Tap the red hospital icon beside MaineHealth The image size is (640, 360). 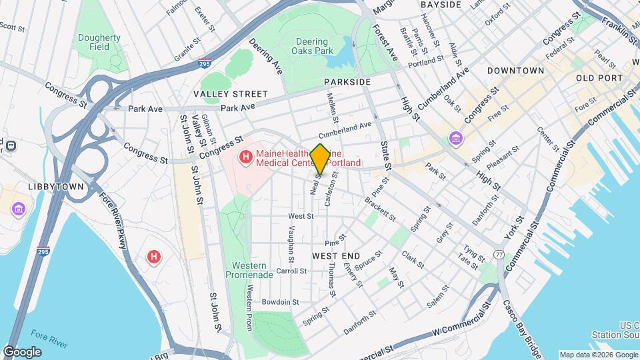245,158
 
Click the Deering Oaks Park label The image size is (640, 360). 314,46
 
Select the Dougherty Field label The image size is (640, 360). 93,43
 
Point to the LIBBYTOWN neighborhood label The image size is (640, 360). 56,187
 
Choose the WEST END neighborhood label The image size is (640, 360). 336,256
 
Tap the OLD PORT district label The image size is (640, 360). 599,79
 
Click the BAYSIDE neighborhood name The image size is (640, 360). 441,5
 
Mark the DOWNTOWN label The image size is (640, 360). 515,71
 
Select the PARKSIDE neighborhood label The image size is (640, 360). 347,82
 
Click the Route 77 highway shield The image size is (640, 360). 499,255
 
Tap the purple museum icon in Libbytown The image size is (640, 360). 18,211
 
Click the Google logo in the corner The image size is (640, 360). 22,352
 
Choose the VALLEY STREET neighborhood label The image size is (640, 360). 230,94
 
